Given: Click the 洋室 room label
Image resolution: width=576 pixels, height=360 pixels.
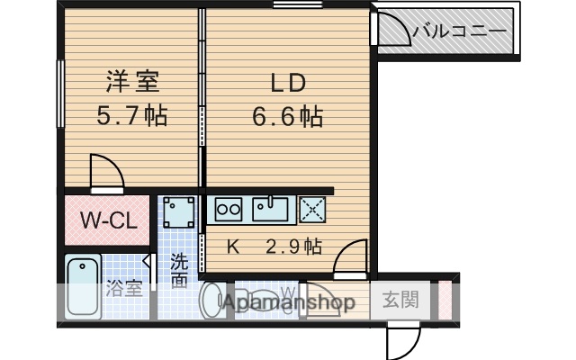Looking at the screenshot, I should pos(131,82).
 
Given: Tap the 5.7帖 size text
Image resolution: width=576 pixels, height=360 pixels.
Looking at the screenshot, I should pos(131,116).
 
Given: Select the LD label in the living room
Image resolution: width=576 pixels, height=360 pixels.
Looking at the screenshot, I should pos(289,82).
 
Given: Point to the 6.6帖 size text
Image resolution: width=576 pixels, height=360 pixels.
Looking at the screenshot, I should pos(289,116).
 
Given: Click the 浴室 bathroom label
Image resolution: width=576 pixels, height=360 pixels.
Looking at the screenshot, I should pos(124,290).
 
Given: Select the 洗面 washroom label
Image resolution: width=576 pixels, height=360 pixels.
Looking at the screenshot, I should pos(179,271).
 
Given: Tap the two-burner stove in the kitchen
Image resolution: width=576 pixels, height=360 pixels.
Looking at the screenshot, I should pos(228,209).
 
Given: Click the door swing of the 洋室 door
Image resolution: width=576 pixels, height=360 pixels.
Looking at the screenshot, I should pos(105,173).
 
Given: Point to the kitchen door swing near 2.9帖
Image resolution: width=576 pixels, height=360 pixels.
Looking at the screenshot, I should pos(350,256).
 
